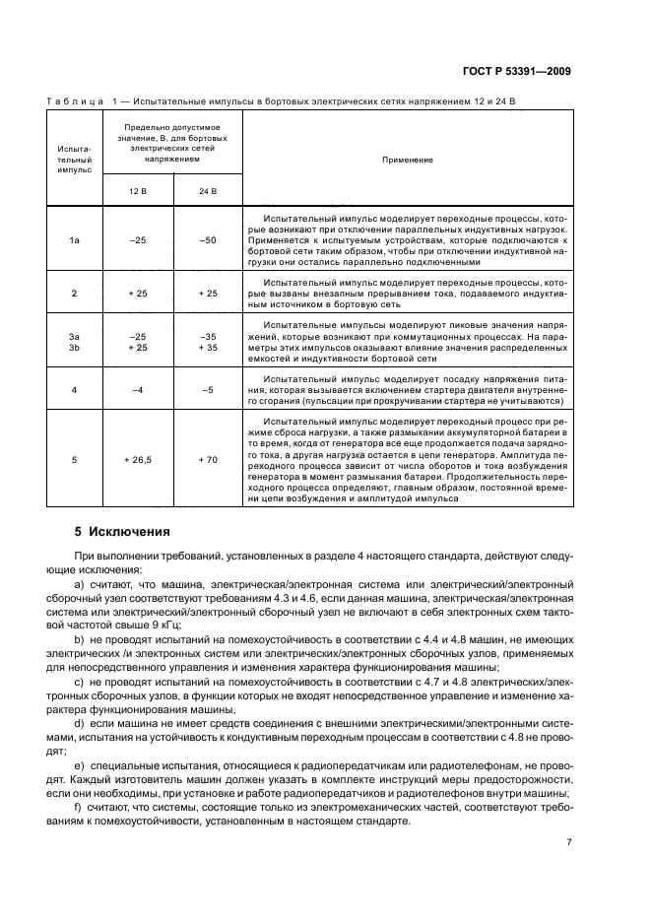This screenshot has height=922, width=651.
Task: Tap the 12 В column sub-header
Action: [x=134, y=189]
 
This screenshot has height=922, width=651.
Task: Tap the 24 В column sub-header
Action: [x=207, y=189]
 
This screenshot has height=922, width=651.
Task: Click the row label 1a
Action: [x=74, y=239]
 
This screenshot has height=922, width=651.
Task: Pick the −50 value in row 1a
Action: [x=207, y=239]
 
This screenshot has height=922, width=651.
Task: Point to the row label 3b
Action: [x=74, y=347]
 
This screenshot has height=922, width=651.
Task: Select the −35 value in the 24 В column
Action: [x=207, y=336]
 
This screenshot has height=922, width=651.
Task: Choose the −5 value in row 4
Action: [x=207, y=390]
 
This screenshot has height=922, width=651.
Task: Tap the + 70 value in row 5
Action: [x=207, y=459]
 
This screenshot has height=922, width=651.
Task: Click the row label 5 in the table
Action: [x=74, y=459]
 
